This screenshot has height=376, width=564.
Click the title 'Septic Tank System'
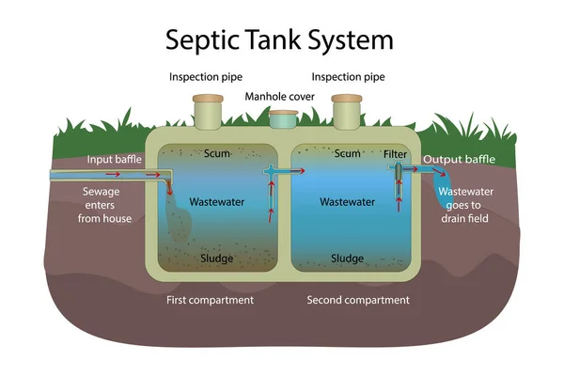click(279, 39)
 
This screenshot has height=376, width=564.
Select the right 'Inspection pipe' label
click(349, 76)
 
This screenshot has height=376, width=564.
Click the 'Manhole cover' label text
click(281, 97)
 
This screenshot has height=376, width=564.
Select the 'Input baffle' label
click(115, 160)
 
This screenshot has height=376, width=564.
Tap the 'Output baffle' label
click(457, 160)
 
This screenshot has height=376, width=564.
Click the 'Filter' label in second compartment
click(396, 153)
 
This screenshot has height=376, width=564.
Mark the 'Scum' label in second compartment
click(348, 153)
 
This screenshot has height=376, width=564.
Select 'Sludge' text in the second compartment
click(348, 258)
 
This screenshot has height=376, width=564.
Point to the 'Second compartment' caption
click(358, 300)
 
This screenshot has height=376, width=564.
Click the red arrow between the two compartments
click(295, 172)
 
